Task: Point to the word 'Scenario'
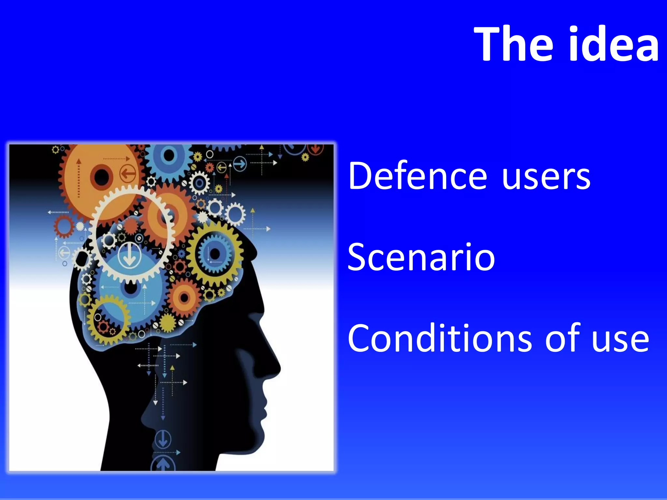coord(421,257)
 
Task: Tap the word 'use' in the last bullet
coord(620,340)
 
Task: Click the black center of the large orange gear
coord(102,177)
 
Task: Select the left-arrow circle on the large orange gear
coord(128,173)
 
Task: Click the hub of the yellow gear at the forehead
coord(215,254)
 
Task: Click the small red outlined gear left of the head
coord(64,226)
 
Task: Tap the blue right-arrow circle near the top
coord(240,164)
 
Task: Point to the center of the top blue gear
coord(169,156)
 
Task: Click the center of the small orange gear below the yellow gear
coord(184,297)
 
